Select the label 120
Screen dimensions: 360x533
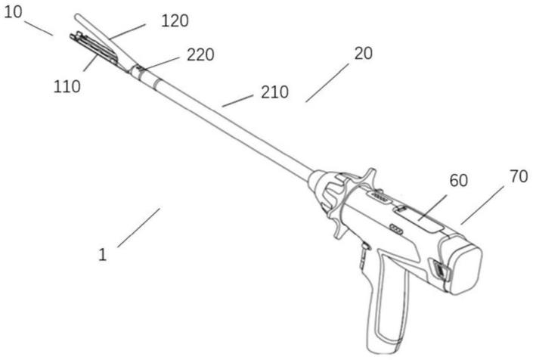pyautogui.click(x=175, y=20)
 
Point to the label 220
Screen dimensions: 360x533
pyautogui.click(x=200, y=54)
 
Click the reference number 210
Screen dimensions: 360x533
pyautogui.click(x=274, y=92)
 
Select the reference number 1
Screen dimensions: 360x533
pyautogui.click(x=102, y=254)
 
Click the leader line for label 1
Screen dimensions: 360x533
pyautogui.click(x=138, y=227)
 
